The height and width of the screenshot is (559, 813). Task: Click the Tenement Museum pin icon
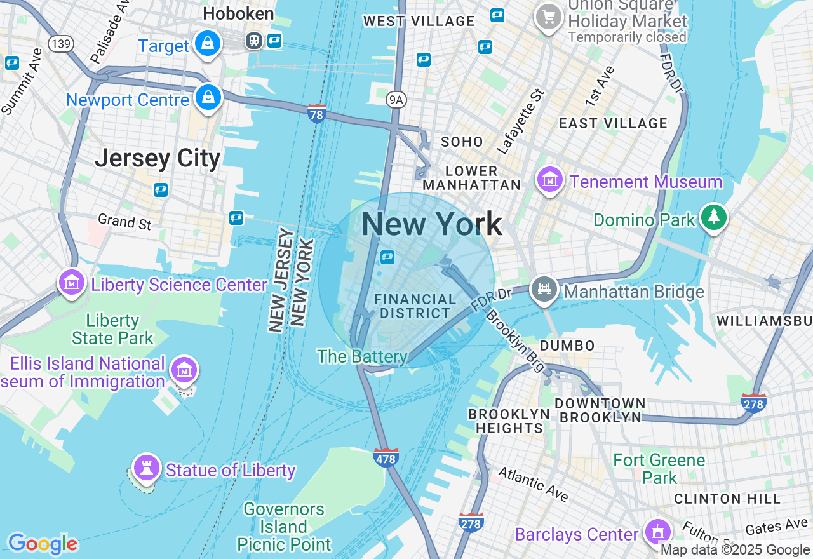pyautogui.click(x=550, y=180)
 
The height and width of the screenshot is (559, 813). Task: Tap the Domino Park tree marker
pyautogui.click(x=714, y=218)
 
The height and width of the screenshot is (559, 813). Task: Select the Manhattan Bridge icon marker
pyautogui.click(x=544, y=290)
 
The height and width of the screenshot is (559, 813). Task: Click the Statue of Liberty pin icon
pyautogui.click(x=146, y=469)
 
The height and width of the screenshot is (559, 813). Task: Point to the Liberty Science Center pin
pyautogui.click(x=72, y=283)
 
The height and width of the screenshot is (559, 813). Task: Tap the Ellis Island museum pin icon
pyautogui.click(x=184, y=369)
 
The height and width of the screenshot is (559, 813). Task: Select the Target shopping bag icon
pyautogui.click(x=208, y=44)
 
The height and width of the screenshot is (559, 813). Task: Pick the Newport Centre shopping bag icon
pyautogui.click(x=208, y=98)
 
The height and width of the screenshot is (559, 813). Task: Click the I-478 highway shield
pyautogui.click(x=386, y=457)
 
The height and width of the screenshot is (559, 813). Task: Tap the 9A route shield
pyautogui.click(x=396, y=98)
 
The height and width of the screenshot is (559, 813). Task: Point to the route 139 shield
pyautogui.click(x=61, y=44)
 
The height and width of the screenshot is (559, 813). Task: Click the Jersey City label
pyautogui.click(x=158, y=158)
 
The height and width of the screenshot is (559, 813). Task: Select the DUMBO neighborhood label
pyautogui.click(x=568, y=346)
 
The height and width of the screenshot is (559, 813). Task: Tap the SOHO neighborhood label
pyautogui.click(x=462, y=142)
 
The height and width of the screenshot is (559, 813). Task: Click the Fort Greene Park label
pyautogui.click(x=659, y=468)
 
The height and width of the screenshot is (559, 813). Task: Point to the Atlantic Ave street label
pyautogui.click(x=533, y=483)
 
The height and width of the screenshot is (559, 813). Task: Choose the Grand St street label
pyautogui.click(x=124, y=222)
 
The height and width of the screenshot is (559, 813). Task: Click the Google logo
pyautogui.click(x=43, y=544)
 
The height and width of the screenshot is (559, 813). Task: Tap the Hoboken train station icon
pyautogui.click(x=254, y=41)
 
